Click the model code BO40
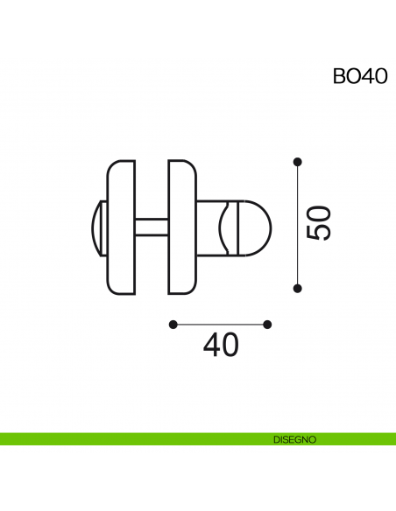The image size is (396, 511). [358, 75]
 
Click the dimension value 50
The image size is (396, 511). [318, 224]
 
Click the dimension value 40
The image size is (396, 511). [221, 346]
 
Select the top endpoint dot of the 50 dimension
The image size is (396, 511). [298, 161]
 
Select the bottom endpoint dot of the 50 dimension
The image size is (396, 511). [298, 288]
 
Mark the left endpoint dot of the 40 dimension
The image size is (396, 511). [173, 325]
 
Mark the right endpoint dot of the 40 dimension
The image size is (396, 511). [268, 325]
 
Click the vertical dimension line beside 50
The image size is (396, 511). [298, 224]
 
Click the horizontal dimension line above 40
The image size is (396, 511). [221, 325]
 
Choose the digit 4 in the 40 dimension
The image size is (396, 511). [212, 346]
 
